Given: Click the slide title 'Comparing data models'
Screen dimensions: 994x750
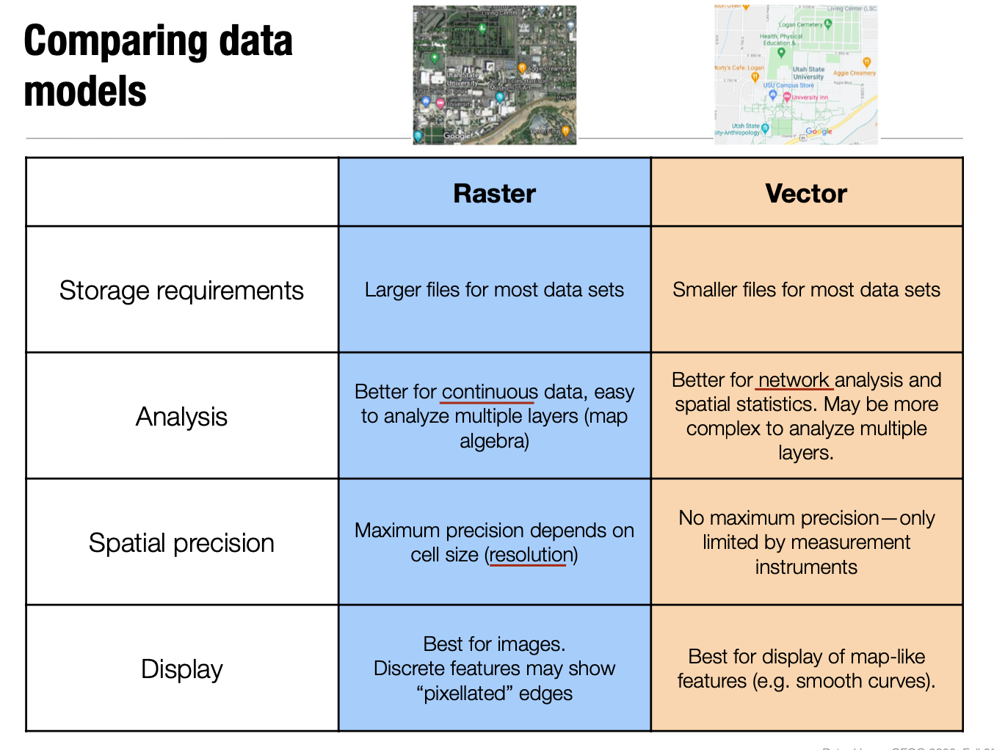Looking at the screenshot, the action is click(x=158, y=65).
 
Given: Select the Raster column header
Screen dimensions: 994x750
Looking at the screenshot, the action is click(x=494, y=194).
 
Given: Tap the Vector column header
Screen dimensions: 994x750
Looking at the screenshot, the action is click(x=806, y=194).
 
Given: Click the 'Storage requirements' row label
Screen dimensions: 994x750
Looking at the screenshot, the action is click(x=181, y=291).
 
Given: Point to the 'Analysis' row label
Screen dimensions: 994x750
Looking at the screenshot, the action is click(x=181, y=417).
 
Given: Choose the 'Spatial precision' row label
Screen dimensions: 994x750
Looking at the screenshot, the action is click(x=181, y=543).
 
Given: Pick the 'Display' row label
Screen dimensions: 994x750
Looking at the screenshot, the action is click(x=181, y=669).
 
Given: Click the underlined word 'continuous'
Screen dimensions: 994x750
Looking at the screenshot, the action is click(x=490, y=392).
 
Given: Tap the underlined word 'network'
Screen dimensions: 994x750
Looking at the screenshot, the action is click(x=793, y=380).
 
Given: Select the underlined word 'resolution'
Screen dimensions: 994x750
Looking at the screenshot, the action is click(x=532, y=555).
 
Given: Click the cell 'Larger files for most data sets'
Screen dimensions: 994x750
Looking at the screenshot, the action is click(x=494, y=290).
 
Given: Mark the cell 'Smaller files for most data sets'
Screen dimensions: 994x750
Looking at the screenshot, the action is click(x=806, y=290).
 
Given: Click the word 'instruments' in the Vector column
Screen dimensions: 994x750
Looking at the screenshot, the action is click(x=806, y=567).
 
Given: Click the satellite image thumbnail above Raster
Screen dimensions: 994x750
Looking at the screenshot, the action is click(x=494, y=75).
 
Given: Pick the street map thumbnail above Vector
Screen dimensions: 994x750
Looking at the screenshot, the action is click(x=796, y=75).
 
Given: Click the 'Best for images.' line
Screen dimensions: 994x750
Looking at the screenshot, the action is click(x=494, y=644).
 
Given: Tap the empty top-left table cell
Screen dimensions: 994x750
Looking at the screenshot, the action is click(x=181, y=192).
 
